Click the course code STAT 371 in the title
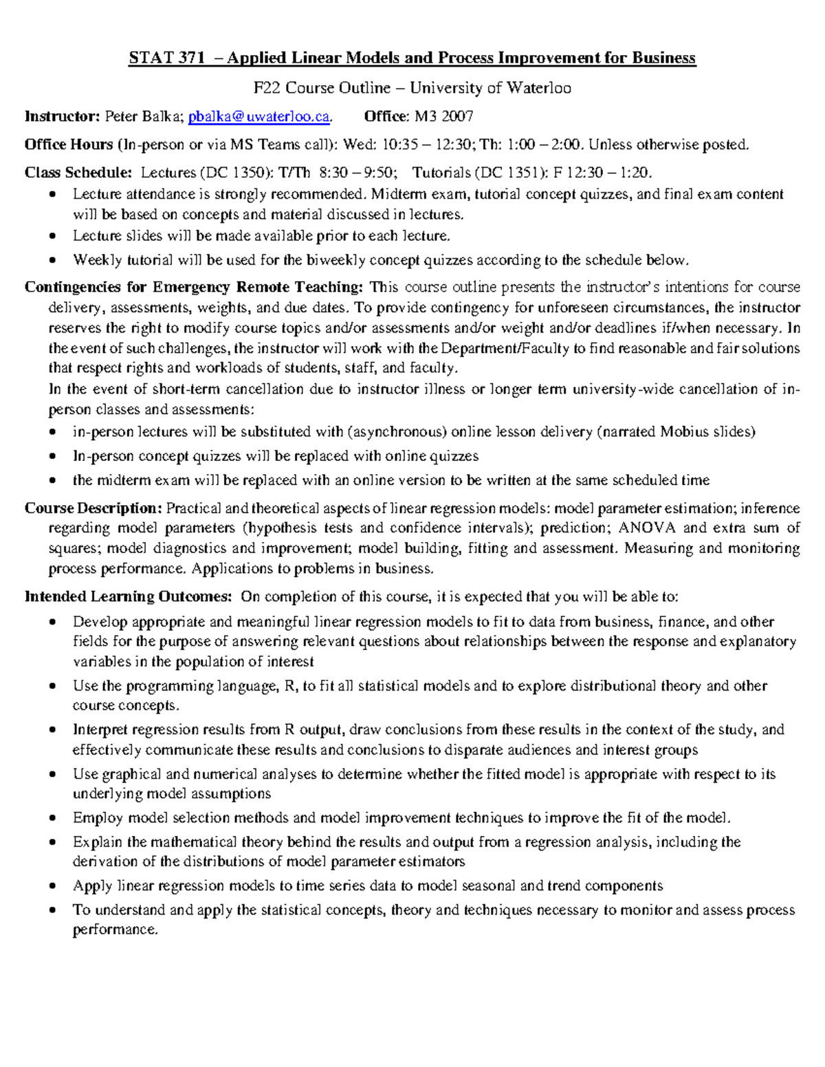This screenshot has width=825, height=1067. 166,58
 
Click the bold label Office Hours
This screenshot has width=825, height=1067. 69,145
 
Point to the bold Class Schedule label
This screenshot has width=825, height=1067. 78,173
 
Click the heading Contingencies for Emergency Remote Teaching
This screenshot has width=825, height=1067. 193,287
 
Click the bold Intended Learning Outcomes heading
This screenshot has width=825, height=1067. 128,596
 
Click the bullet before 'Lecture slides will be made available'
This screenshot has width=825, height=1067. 54,237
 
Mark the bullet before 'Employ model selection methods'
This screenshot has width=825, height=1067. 54,819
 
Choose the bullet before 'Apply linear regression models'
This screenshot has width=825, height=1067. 54,887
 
